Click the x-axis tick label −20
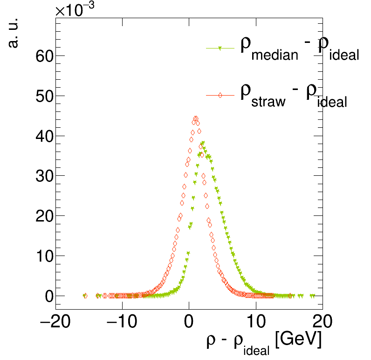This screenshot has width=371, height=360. click(x=55, y=322)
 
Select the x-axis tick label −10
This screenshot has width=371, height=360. click(x=122, y=322)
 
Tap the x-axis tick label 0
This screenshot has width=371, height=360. click(x=189, y=322)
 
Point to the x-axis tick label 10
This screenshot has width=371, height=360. click(x=255, y=322)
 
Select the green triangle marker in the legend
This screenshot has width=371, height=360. click(x=220, y=48)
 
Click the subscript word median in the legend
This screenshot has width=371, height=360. click(x=275, y=56)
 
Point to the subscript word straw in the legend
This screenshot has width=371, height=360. click(x=268, y=102)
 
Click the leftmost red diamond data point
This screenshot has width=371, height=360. click(x=85, y=296)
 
